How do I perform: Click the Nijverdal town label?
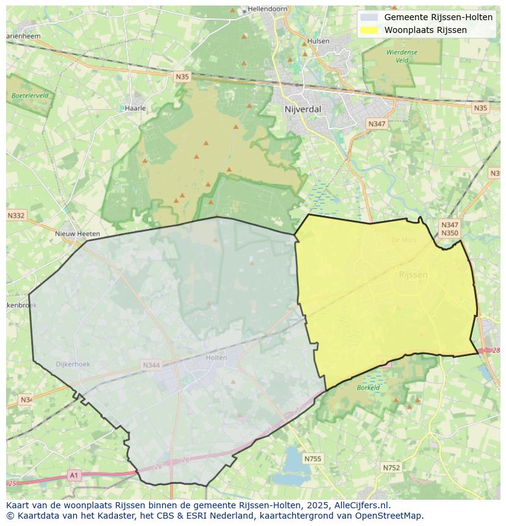(302, 109)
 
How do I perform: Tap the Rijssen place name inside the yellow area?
(413, 275)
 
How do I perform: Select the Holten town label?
(216, 358)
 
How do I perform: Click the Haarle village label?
(135, 108)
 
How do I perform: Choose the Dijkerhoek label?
(73, 364)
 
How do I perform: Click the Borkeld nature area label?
(369, 387)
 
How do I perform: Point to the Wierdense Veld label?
(402, 56)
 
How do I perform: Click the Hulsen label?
(318, 42)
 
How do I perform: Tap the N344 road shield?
(151, 365)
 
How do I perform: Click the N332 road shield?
(16, 216)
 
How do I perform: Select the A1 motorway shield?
(74, 475)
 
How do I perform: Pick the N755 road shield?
(312, 459)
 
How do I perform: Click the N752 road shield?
(391, 468)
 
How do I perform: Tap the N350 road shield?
(449, 233)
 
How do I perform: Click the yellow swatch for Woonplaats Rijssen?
(369, 30)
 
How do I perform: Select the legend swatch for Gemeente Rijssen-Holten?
(369, 17)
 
